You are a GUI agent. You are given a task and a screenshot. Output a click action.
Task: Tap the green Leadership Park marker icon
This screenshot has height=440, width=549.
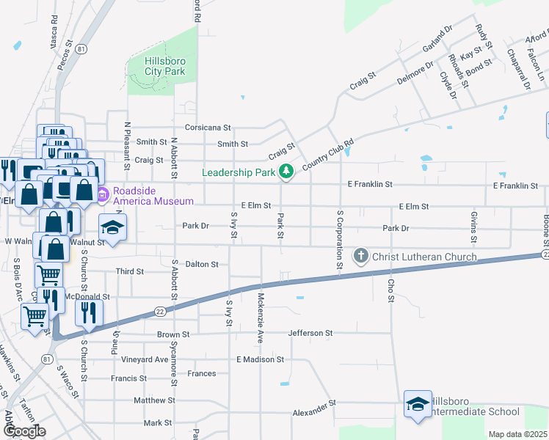tap(286, 172)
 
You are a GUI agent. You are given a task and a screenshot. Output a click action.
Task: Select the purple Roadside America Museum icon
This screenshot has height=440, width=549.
tap(101, 195)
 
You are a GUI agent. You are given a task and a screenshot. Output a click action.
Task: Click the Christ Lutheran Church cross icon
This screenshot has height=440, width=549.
tap(360, 256)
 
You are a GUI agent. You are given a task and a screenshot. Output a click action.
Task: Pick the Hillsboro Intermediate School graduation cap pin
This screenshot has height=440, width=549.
tap(418, 404)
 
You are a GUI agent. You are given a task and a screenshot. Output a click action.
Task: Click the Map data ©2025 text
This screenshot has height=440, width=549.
tap(518, 434)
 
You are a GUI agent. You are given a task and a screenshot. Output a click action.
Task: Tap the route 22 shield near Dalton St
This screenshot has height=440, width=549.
tap(159, 312)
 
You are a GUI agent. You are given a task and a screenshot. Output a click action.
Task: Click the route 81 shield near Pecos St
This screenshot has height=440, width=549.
tap(81, 49)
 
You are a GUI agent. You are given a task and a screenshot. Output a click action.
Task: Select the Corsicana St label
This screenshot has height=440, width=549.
tap(208, 127)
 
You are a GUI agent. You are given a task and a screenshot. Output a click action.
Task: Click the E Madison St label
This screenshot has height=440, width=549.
tap(260, 359)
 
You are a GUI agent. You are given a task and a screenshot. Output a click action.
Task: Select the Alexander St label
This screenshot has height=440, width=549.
tap(313, 403)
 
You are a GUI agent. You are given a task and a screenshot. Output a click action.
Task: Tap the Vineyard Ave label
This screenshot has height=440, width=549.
tap(145, 359)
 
